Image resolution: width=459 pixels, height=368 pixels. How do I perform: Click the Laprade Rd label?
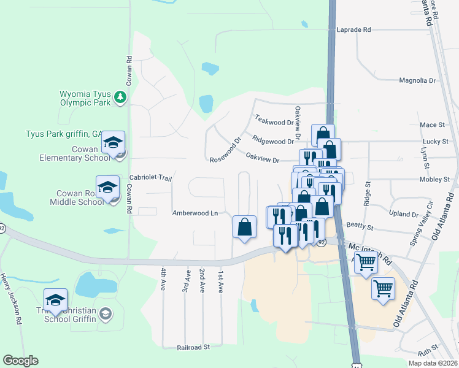(x=354, y=29)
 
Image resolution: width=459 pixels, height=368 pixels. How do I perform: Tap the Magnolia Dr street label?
(x=417, y=80)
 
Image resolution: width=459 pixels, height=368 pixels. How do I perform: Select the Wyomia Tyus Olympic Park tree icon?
(x=121, y=97)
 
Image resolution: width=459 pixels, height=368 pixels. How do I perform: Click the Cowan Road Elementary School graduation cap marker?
(x=113, y=144)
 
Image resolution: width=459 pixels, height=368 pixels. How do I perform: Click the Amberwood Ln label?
(x=195, y=213)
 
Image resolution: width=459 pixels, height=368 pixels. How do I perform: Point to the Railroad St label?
(x=193, y=347)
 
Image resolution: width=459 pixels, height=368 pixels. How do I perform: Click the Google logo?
(x=20, y=361)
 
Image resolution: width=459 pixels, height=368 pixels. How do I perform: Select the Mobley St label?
(x=434, y=180)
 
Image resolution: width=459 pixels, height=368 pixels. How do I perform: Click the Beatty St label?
(x=360, y=227)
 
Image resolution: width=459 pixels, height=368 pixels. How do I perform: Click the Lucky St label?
(x=436, y=142)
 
